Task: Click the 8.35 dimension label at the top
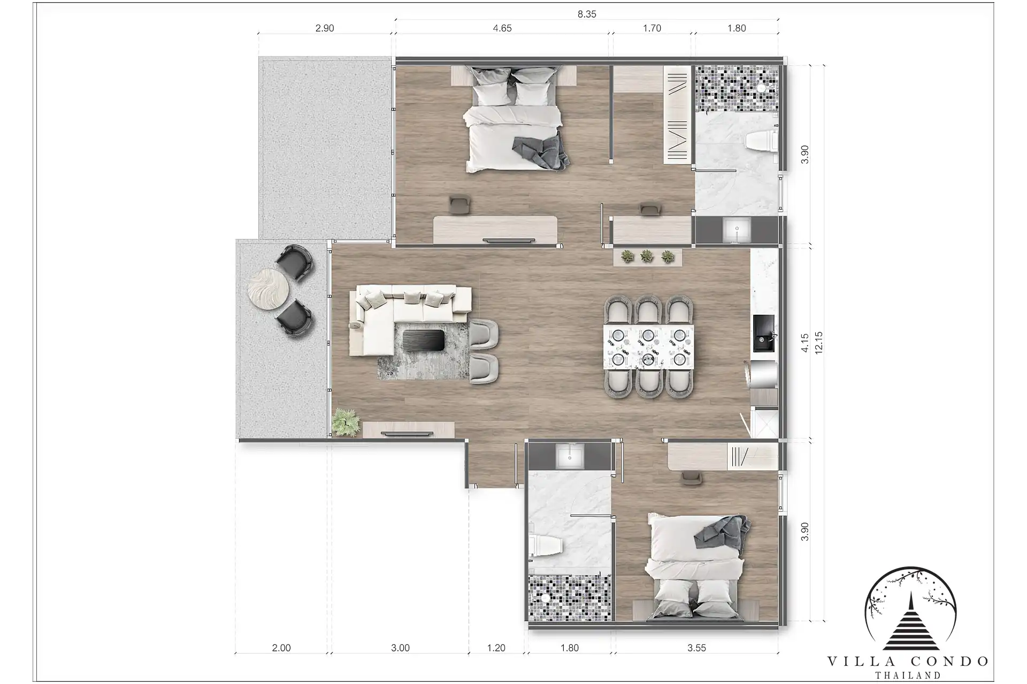(587, 14)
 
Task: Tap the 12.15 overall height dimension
(818, 343)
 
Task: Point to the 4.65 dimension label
(502, 28)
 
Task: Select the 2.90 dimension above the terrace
(325, 28)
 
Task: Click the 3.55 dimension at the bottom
(696, 648)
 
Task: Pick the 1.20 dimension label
(496, 648)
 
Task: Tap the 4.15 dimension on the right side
(805, 343)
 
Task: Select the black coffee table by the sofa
(423, 340)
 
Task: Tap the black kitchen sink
(764, 333)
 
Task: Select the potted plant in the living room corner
(346, 423)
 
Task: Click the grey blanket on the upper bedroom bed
(541, 152)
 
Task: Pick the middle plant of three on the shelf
(647, 257)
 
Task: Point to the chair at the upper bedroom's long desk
(459, 205)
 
